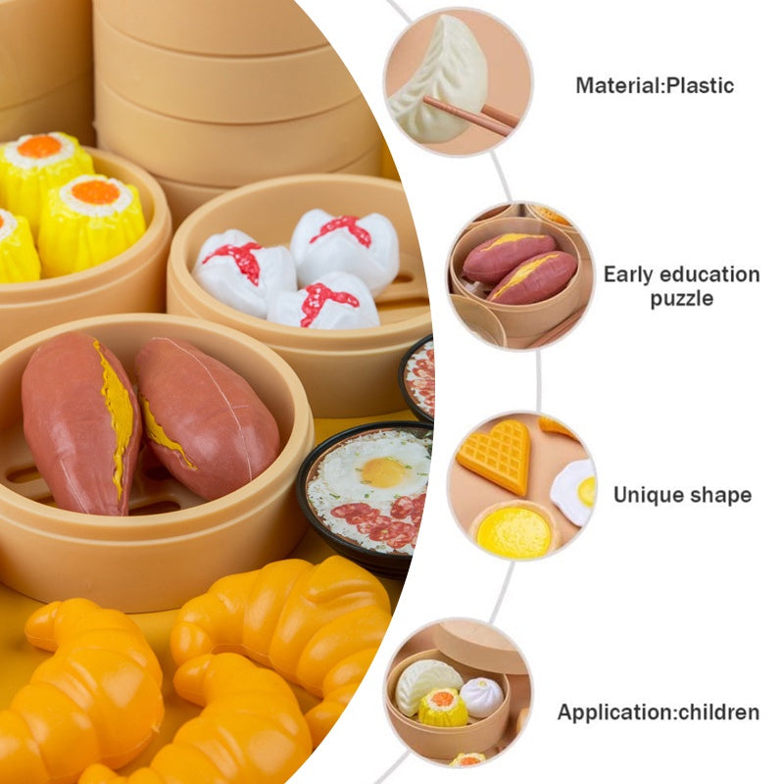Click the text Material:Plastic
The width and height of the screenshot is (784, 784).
(x=655, y=85)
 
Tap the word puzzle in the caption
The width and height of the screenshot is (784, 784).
(x=681, y=299)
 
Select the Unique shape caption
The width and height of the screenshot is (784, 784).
(x=682, y=495)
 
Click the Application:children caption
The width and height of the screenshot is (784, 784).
(x=658, y=712)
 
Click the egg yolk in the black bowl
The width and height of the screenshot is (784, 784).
(x=383, y=472)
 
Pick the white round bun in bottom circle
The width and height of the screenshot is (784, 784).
(x=481, y=697)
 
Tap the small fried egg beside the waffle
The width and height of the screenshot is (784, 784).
(x=575, y=492)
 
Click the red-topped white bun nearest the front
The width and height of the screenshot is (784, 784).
(x=323, y=301)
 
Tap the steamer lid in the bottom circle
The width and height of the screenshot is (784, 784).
(x=481, y=646)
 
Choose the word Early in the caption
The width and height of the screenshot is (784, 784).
(x=628, y=275)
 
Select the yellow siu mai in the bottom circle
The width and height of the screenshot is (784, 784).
(x=443, y=708)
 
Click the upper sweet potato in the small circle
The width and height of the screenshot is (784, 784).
(x=508, y=257)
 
